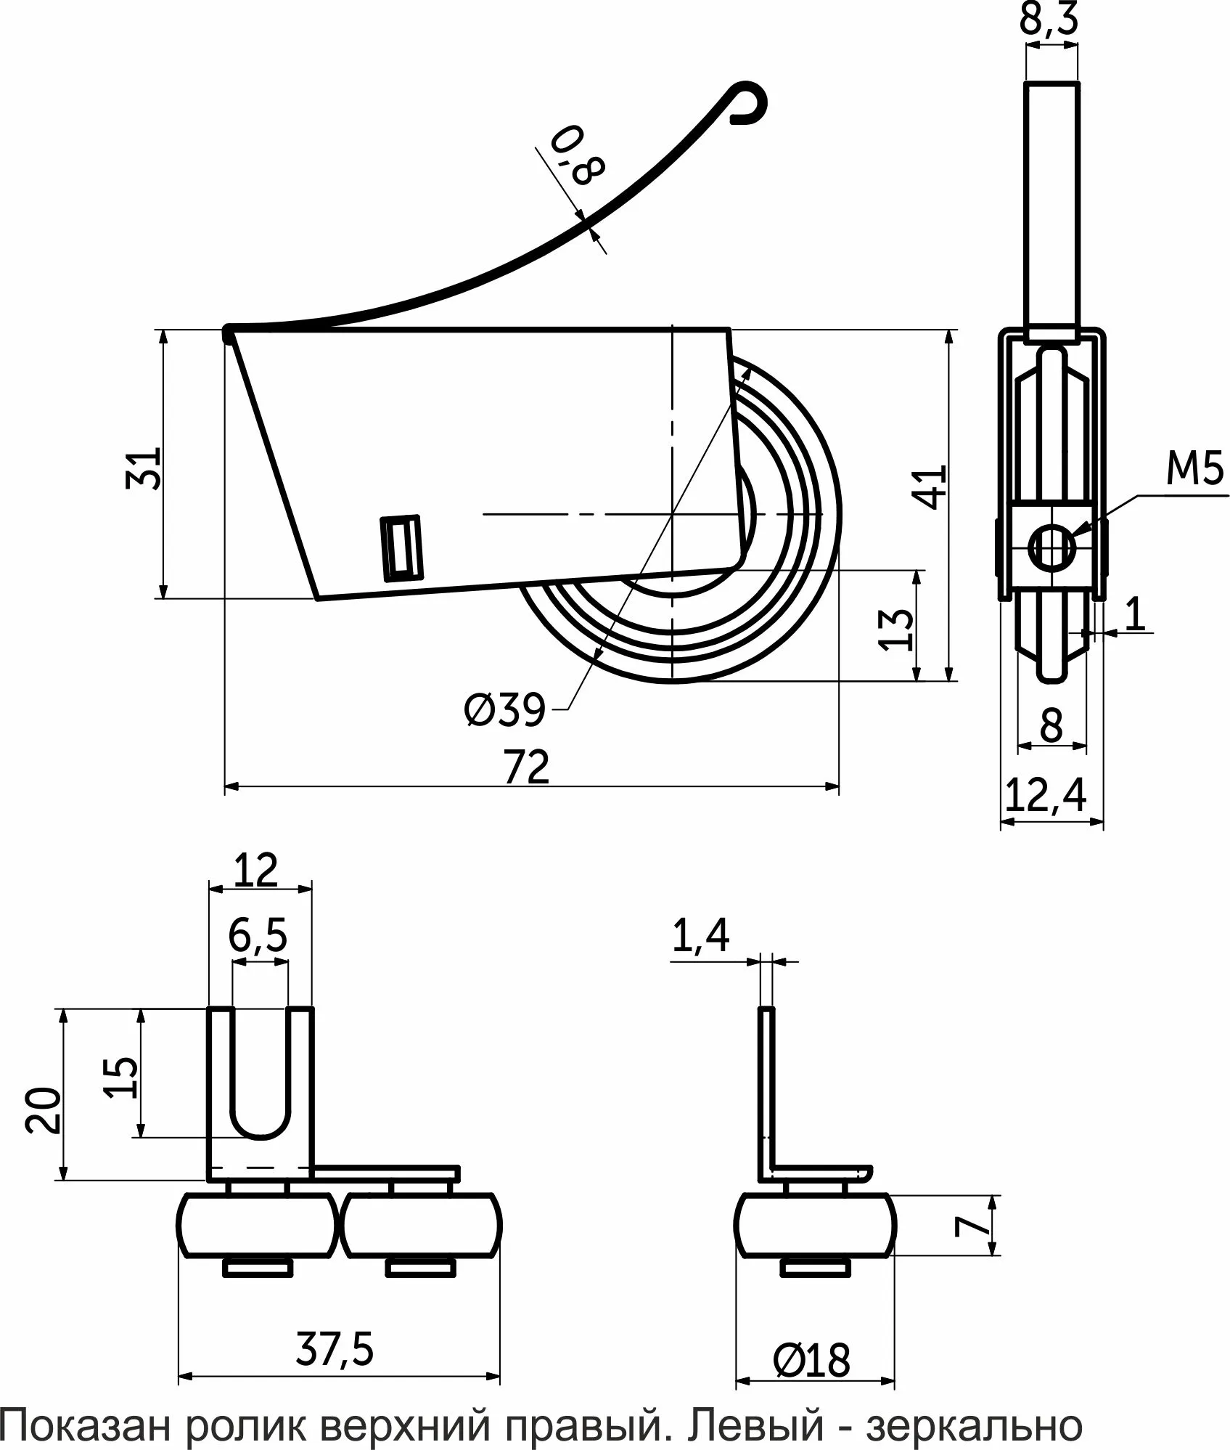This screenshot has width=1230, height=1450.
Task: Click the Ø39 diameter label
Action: (x=504, y=709)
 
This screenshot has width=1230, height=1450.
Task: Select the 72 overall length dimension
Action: (x=527, y=767)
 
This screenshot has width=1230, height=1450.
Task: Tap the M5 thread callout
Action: (x=1194, y=470)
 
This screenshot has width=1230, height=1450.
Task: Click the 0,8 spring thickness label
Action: (x=577, y=155)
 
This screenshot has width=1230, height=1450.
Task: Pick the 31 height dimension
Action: (x=143, y=469)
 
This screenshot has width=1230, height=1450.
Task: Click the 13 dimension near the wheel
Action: (x=898, y=629)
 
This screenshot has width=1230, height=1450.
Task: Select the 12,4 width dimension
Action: (x=1046, y=796)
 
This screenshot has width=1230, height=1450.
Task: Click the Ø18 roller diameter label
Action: (x=811, y=1360)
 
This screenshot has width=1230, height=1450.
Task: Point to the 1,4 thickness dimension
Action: (x=700, y=937)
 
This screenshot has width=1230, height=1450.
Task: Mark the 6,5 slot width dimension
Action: (x=258, y=937)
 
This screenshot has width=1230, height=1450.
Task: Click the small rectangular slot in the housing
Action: (x=401, y=548)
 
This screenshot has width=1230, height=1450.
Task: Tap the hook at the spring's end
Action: (x=747, y=104)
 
